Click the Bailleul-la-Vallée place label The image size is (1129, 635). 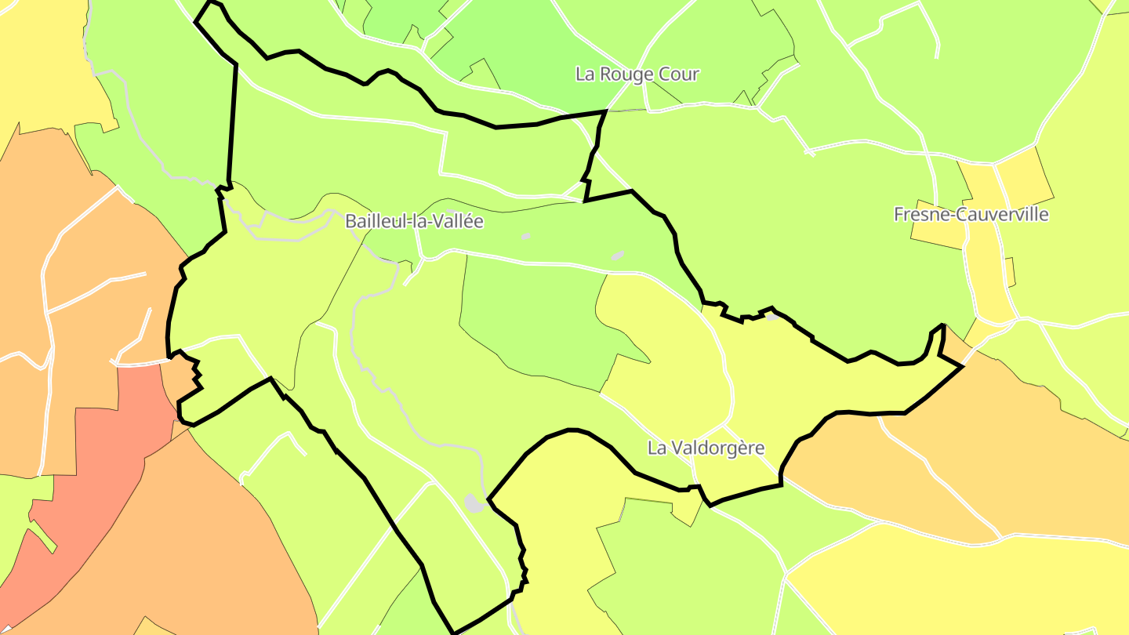click(414, 221)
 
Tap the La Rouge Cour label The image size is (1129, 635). click(637, 74)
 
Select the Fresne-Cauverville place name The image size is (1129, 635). click(971, 214)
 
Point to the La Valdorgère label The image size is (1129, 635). click(706, 448)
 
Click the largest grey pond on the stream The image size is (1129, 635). click(474, 503)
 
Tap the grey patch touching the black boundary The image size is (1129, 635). click(772, 317)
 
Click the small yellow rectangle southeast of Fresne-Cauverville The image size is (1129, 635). click(1010, 271)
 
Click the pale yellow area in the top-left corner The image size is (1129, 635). click(39, 63)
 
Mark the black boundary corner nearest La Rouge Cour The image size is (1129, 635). click(606, 111)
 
